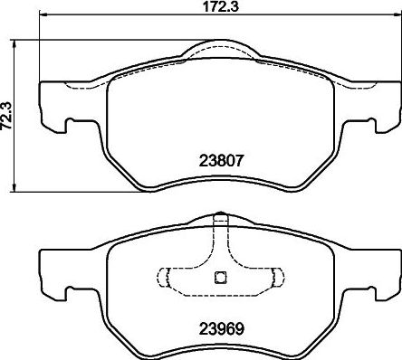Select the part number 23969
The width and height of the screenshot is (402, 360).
tap(218, 328)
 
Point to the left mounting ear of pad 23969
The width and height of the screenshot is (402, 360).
tap(53, 269)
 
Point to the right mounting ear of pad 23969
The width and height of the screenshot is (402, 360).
tap(383, 269)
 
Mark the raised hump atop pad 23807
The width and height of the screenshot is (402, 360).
tap(217, 50)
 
